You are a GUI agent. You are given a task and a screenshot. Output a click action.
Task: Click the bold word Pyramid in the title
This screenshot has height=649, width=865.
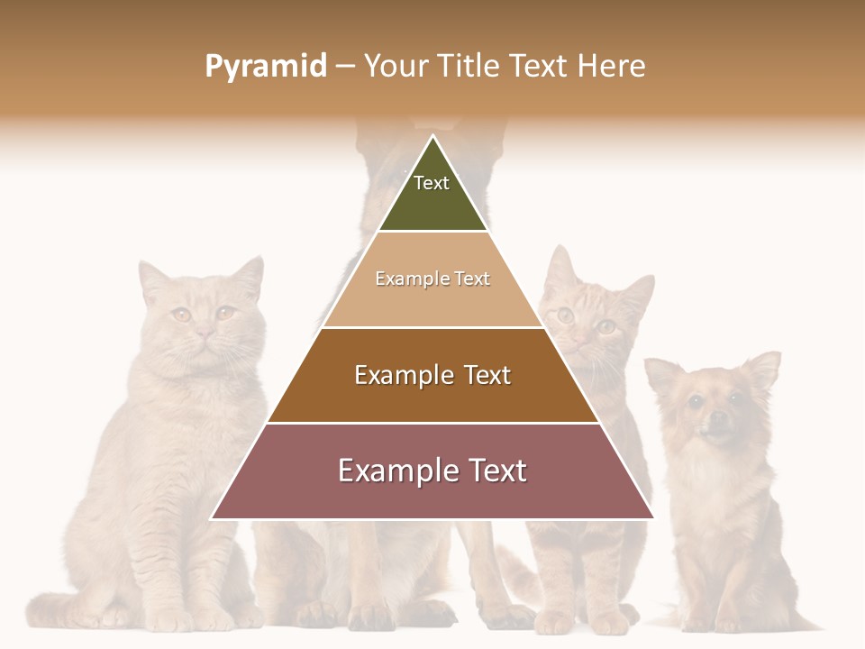(266, 66)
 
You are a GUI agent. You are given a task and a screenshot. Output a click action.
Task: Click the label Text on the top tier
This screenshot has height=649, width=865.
(432, 183)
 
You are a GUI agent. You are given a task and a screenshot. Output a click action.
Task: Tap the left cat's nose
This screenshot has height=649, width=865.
(205, 334)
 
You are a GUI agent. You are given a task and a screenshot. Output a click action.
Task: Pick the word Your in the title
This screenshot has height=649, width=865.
(396, 66)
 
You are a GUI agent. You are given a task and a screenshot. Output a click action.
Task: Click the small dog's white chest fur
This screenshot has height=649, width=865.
(712, 478)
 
